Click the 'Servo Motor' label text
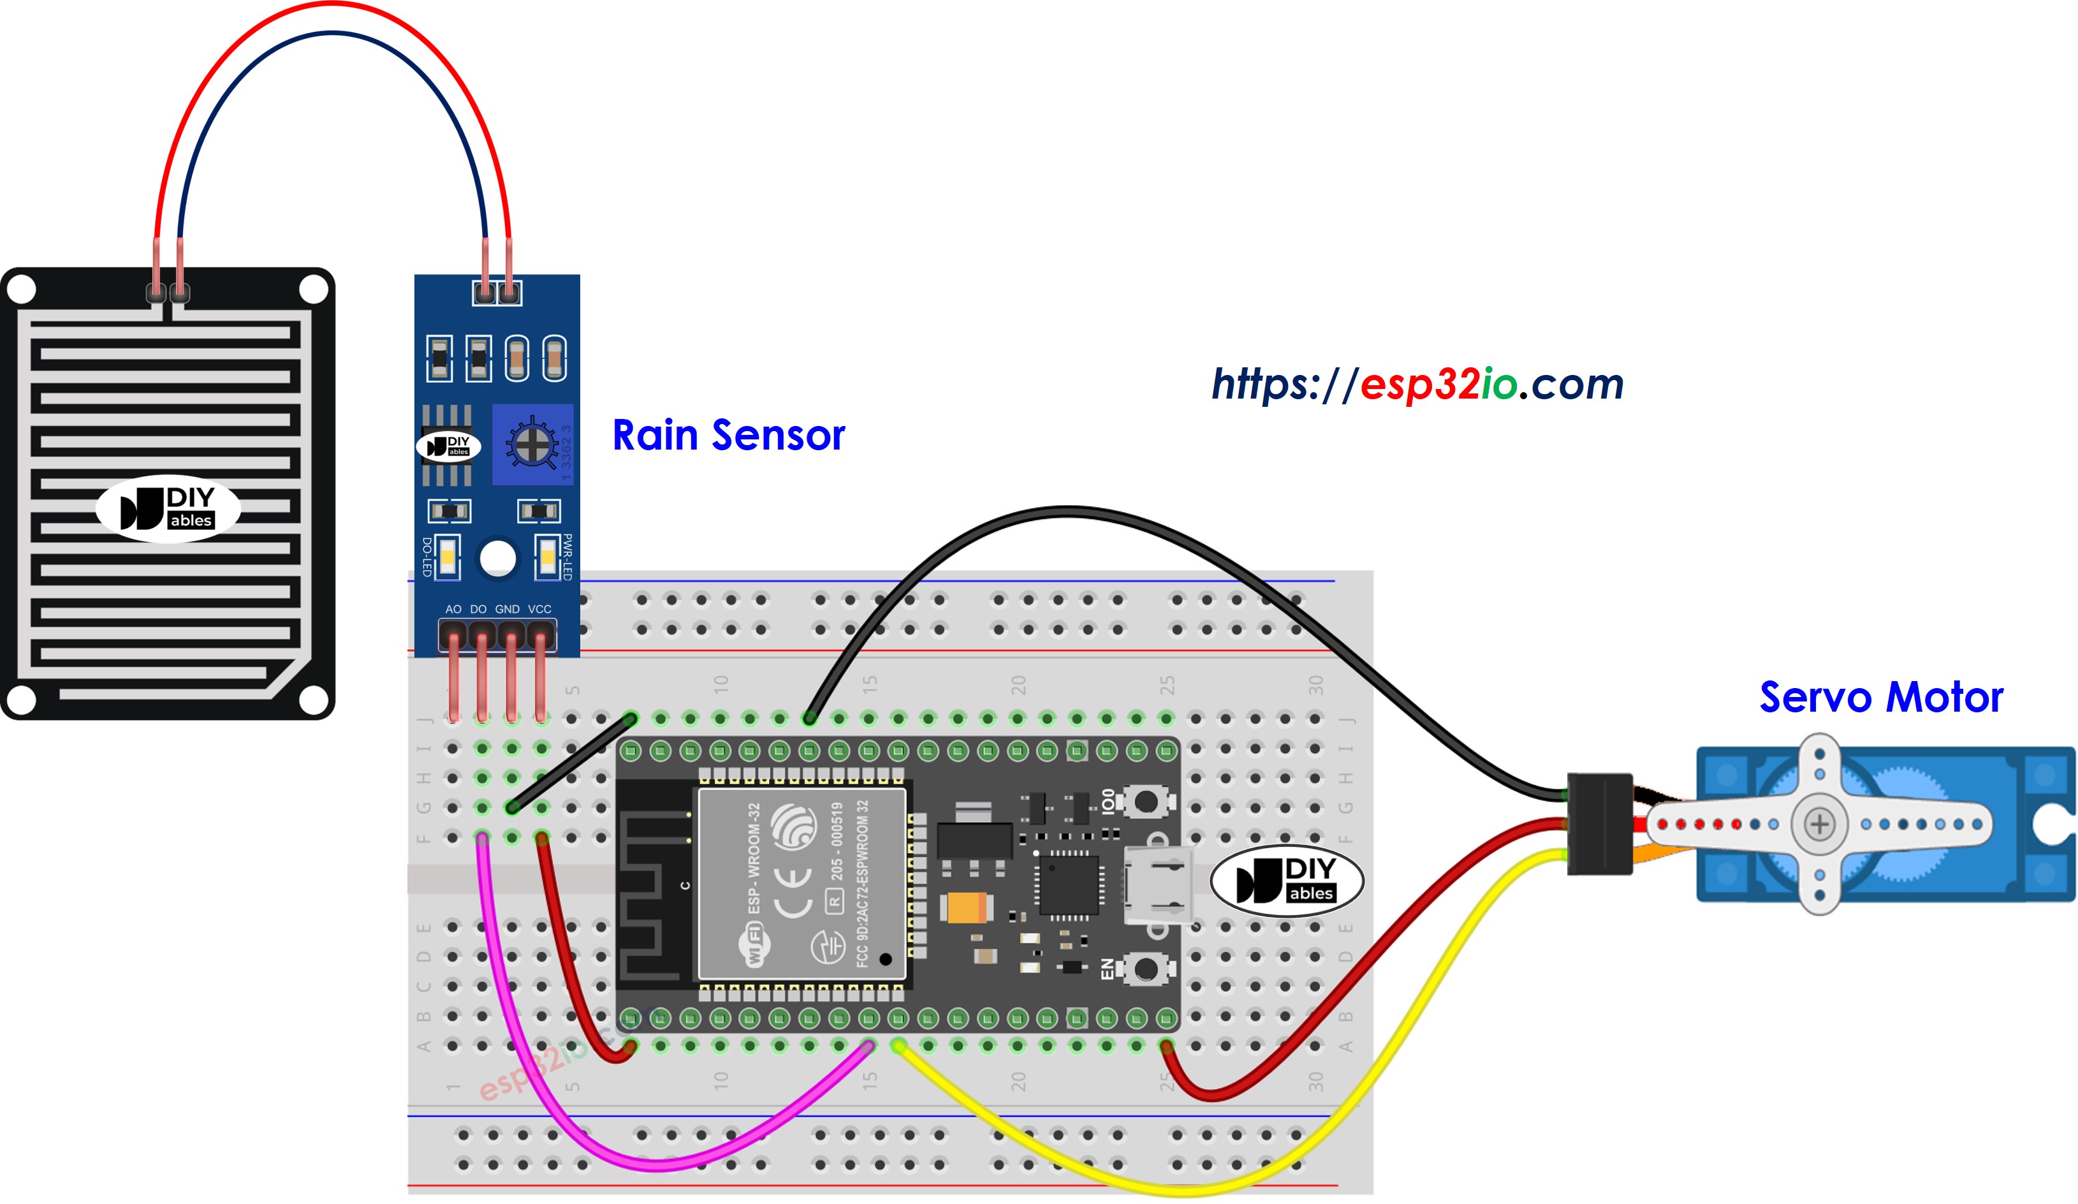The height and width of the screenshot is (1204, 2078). pyautogui.click(x=1880, y=697)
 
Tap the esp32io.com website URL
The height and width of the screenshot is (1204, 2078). pyautogui.click(x=1417, y=385)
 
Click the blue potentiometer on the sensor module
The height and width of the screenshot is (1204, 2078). pyautogui.click(x=532, y=444)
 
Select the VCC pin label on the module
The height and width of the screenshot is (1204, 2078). pyautogui.click(x=539, y=610)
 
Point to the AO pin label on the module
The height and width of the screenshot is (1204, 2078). pyautogui.click(x=453, y=610)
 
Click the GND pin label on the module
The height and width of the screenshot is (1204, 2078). pyautogui.click(x=507, y=610)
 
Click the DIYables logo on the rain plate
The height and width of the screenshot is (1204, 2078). pyautogui.click(x=168, y=509)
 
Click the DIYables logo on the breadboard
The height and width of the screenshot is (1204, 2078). pyautogui.click(x=1286, y=881)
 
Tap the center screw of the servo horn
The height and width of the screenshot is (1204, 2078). pyautogui.click(x=1819, y=824)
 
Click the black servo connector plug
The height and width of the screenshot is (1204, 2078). pyautogui.click(x=1599, y=824)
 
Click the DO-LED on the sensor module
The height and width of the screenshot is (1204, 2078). pyautogui.click(x=447, y=558)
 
